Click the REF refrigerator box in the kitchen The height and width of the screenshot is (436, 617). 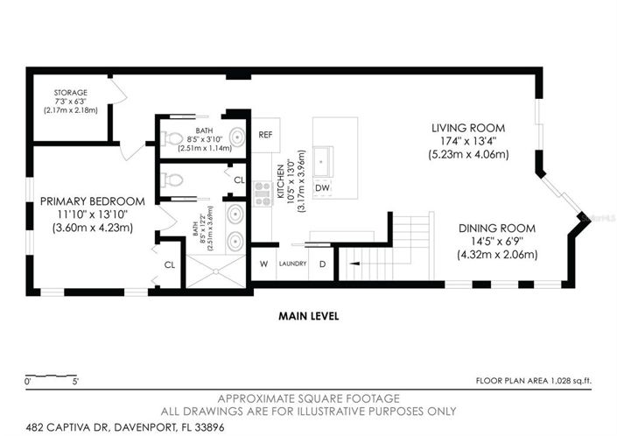(266, 135)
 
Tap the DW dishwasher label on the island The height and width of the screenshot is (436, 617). (322, 187)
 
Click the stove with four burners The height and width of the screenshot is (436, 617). (260, 193)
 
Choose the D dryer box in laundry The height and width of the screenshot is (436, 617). (321, 264)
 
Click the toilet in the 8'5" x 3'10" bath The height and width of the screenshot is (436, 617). (172, 137)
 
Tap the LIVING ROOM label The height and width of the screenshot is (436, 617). (468, 128)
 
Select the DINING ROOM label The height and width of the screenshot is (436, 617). (496, 229)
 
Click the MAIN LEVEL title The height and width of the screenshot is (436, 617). (308, 315)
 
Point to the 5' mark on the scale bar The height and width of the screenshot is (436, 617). (75, 381)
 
